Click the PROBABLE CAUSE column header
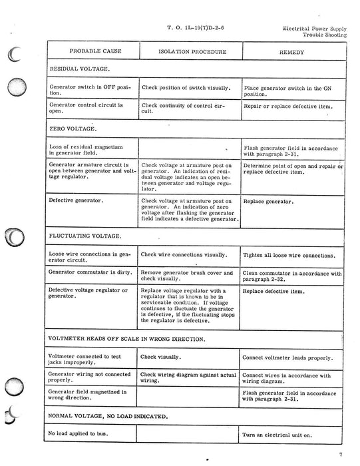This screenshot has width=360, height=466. coord(90,51)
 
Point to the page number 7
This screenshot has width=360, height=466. coord(341,455)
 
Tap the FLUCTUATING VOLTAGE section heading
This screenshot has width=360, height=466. coord(85,236)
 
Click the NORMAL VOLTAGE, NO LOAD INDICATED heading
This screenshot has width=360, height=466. coord(116,415)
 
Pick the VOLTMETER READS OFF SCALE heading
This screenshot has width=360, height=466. coord(126,339)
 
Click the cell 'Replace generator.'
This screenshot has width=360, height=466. coord(268,200)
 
